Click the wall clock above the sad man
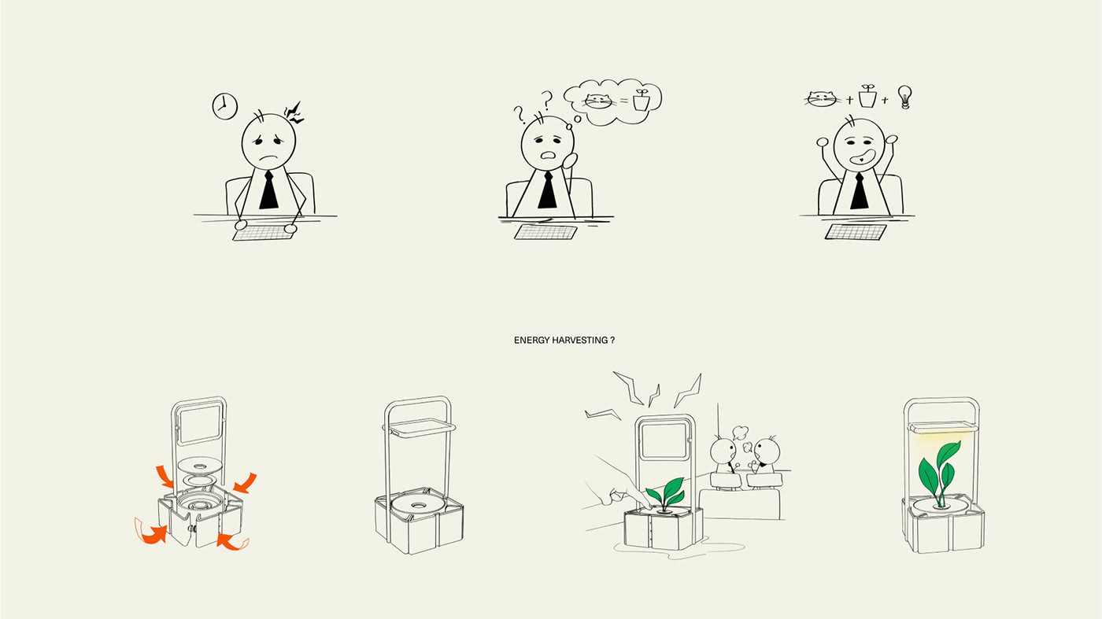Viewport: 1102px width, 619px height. (225, 105)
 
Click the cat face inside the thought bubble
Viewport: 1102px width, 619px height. (599, 101)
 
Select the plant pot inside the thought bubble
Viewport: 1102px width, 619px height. (642, 100)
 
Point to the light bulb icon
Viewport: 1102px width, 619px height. (904, 97)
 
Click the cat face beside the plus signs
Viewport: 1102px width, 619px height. (822, 99)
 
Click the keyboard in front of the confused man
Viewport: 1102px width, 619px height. (545, 232)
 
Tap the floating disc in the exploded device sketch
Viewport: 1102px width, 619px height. (200, 465)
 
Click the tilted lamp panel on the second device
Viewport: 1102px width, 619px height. (420, 429)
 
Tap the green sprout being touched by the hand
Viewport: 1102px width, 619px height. (666, 494)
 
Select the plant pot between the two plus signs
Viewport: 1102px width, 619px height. (867, 96)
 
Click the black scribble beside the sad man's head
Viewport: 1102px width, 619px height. (294, 113)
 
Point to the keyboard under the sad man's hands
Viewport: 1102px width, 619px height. (264, 233)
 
